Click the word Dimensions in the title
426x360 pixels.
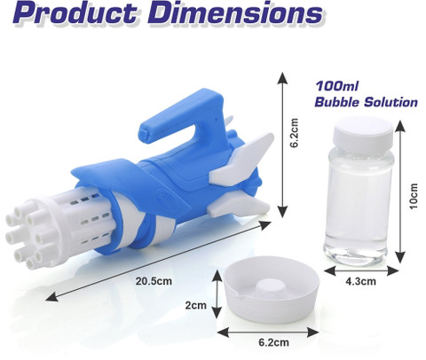[x=235, y=12]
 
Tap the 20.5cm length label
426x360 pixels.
[x=154, y=281]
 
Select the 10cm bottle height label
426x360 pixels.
[x=413, y=196]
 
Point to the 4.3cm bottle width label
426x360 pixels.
[x=360, y=281]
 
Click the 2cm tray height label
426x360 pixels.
[x=196, y=305]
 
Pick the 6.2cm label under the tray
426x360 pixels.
[x=273, y=342]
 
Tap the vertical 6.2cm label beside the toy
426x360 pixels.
[x=294, y=133]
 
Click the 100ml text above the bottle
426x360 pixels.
[x=336, y=86]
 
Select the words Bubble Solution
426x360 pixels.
[x=366, y=102]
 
